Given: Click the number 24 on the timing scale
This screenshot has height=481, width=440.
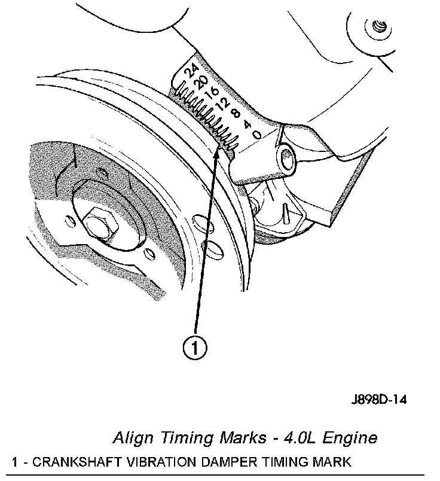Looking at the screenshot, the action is [x=191, y=72].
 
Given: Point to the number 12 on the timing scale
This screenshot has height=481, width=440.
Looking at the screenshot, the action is [x=224, y=104].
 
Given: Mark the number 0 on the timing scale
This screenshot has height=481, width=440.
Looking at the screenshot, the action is [x=256, y=135].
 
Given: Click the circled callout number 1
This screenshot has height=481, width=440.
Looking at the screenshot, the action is [x=195, y=346].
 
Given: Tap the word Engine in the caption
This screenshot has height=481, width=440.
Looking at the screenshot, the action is [x=353, y=439].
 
